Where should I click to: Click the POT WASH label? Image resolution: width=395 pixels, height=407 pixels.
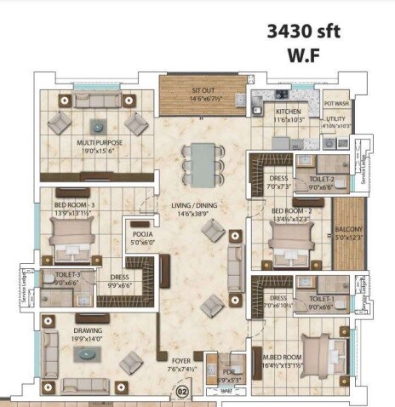pos(338,103)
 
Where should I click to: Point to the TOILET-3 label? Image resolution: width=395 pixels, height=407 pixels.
pos(68,275)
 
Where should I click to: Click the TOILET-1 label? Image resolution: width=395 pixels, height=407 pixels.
pos(320,300)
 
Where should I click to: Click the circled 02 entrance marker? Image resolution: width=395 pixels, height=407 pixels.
pos(180,393)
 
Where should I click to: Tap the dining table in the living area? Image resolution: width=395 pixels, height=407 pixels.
pos(200,160)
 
